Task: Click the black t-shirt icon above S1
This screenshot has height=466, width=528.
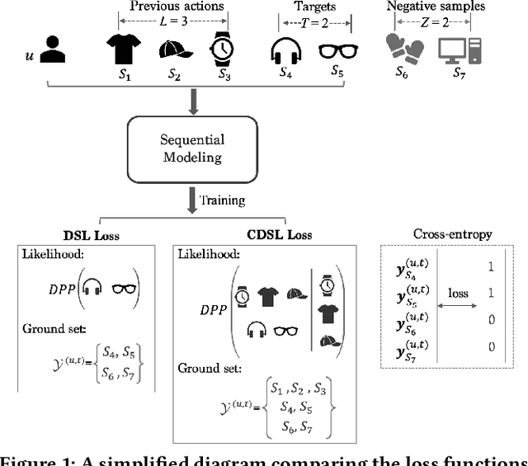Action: pos(122,48)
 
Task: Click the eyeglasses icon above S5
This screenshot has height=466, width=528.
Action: pos(337,49)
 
